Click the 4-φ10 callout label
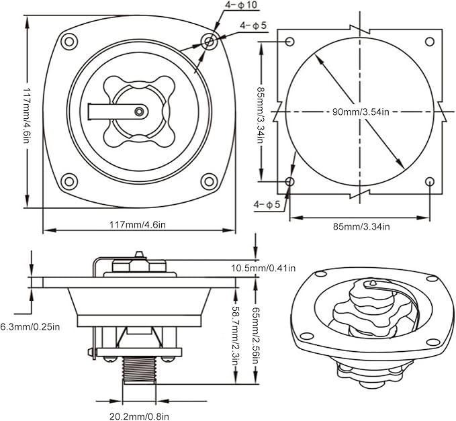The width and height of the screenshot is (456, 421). point(241,5)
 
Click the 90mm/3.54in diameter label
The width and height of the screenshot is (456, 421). point(361,111)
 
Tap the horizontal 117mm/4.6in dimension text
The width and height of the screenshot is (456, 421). point(138,225)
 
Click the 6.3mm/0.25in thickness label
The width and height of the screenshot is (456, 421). point(30,327)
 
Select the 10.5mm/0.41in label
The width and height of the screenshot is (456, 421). point(263,268)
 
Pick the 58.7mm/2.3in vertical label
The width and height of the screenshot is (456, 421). point(235,332)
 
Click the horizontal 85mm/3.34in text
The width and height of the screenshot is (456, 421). point(361,226)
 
